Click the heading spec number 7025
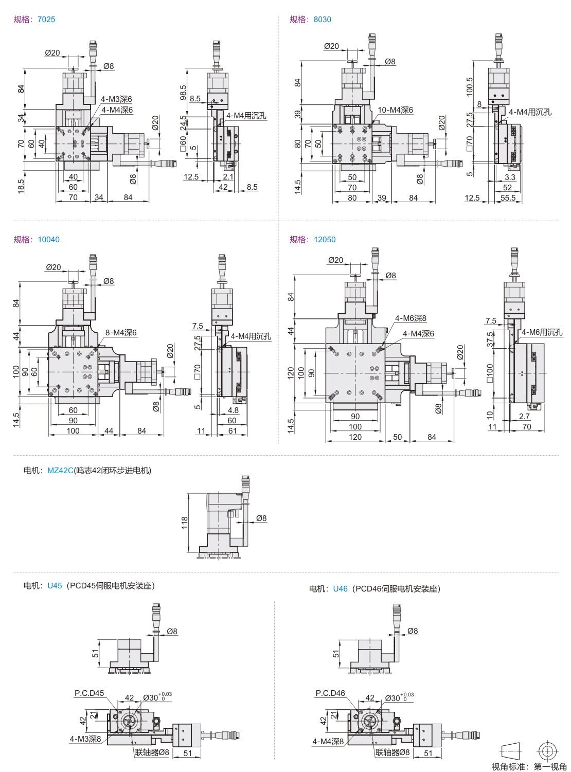[46, 20]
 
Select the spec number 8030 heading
[323, 20]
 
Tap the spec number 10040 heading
[49, 240]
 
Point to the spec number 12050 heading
[325, 240]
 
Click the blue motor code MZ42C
[60, 471]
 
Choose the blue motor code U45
[55, 585]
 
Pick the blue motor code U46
[340, 588]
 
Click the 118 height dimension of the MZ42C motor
[185, 523]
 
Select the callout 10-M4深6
[395, 110]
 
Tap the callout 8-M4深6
[121, 333]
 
